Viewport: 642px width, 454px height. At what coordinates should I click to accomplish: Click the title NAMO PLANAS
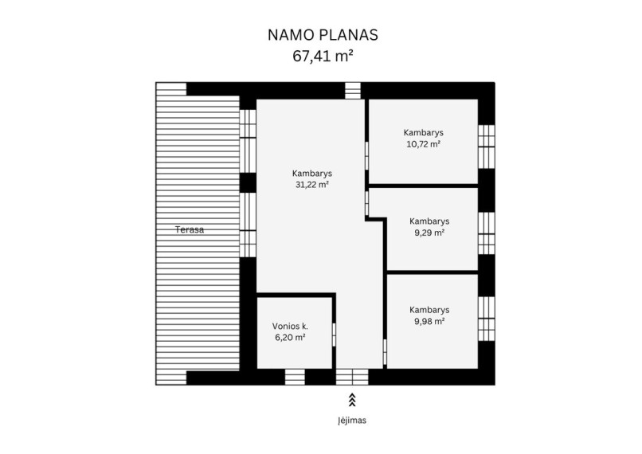[323, 35]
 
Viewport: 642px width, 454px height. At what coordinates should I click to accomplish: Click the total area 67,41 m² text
[323, 56]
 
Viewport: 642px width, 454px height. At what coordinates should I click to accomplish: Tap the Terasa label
[190, 229]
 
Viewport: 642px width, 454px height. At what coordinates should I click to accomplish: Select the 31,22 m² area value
[312, 185]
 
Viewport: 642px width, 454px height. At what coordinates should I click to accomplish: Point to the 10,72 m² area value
[424, 144]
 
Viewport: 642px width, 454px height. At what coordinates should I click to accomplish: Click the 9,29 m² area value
[429, 233]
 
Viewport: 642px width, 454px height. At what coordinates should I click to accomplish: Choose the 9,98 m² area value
[429, 321]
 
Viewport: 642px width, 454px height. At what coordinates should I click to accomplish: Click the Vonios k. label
[290, 327]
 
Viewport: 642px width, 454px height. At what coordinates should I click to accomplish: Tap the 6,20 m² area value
[290, 338]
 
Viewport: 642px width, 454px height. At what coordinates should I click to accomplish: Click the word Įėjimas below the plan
[352, 421]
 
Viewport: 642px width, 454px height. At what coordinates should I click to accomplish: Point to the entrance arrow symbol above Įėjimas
[352, 400]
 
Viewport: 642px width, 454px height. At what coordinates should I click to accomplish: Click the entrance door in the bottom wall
[352, 377]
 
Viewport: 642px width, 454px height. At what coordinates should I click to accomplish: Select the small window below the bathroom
[295, 377]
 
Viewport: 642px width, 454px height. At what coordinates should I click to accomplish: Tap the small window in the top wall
[353, 91]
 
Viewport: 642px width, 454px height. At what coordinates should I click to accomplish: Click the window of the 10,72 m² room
[487, 147]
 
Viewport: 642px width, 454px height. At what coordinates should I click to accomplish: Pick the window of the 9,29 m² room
[487, 233]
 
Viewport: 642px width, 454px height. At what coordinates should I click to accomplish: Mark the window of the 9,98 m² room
[487, 319]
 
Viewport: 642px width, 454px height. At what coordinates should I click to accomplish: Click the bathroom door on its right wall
[334, 335]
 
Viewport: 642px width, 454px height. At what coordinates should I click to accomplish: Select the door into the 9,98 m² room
[385, 352]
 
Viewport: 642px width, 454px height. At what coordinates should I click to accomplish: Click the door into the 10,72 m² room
[367, 155]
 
